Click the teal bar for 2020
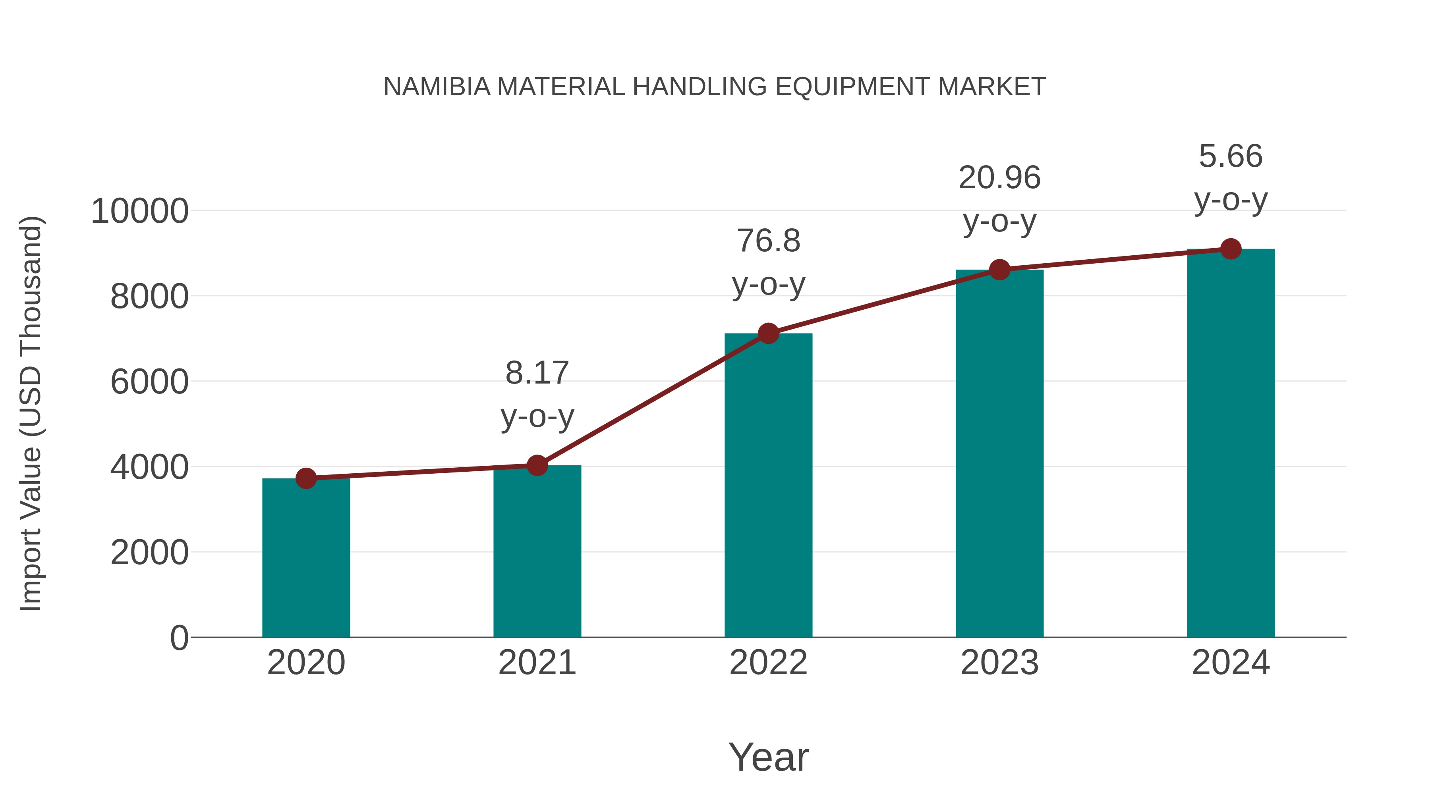click(x=306, y=558)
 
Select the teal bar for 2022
click(x=768, y=486)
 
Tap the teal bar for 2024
click(x=1231, y=444)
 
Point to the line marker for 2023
click(x=999, y=270)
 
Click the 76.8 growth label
click(x=768, y=241)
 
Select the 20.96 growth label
click(x=999, y=178)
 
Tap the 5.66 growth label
click(x=1231, y=156)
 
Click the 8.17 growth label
click(x=537, y=373)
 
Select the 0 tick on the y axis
click(x=179, y=638)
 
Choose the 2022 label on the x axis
click(x=768, y=663)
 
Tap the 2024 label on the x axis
click(x=1231, y=663)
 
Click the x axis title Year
click(x=768, y=758)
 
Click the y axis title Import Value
click(x=31, y=413)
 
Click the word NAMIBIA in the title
click(x=437, y=87)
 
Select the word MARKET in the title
click(x=991, y=87)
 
